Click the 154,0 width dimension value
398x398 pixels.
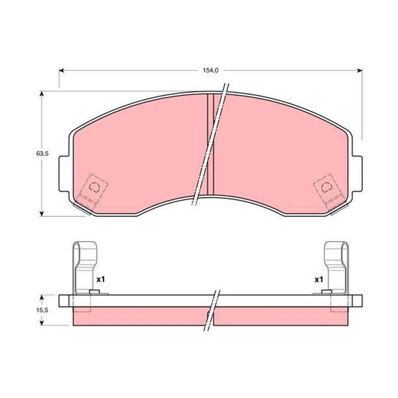tap(210, 71)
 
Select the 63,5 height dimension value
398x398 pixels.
tap(42, 154)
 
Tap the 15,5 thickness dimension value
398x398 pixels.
tap(42, 310)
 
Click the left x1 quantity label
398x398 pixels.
tap(100, 280)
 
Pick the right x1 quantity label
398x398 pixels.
tap(319, 280)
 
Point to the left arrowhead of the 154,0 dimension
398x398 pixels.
tap(62, 71)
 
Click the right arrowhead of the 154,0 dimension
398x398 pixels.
tap(359, 71)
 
